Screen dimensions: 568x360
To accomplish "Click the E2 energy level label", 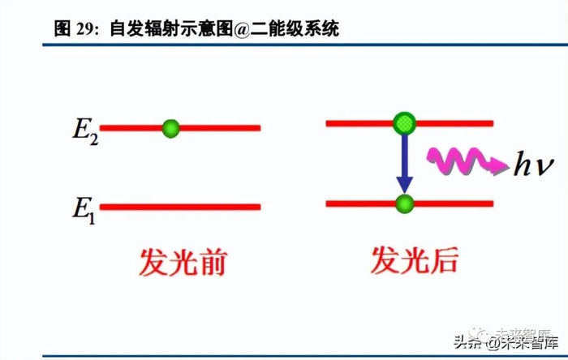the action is (84, 131).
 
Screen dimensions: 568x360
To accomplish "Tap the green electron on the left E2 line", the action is (170, 128).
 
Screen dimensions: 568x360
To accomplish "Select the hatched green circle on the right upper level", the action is (403, 123).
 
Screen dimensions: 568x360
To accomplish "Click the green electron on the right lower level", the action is (403, 204).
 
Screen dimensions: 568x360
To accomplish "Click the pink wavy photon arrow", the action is (462, 161).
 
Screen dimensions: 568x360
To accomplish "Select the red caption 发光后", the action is (415, 261).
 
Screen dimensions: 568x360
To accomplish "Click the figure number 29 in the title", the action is (87, 29).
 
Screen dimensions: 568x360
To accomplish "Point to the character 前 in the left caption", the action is (212, 264).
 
